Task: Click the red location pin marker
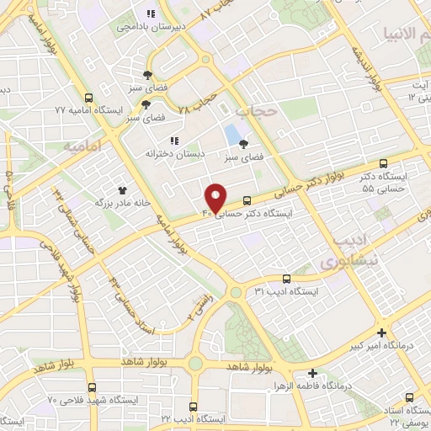[x=216, y=197]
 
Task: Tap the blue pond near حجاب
[x=231, y=135]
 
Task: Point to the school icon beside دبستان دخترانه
[x=175, y=141]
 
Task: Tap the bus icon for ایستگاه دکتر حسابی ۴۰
[x=247, y=200]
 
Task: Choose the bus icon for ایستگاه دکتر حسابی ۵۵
[x=384, y=163]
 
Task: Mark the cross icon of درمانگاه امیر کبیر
[x=383, y=333]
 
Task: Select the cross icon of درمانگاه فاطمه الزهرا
[x=312, y=373]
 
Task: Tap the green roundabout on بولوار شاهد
[x=196, y=364]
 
